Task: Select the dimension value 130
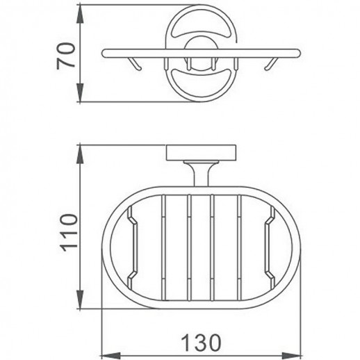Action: click(202, 341)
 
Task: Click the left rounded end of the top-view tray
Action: click(104, 53)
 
